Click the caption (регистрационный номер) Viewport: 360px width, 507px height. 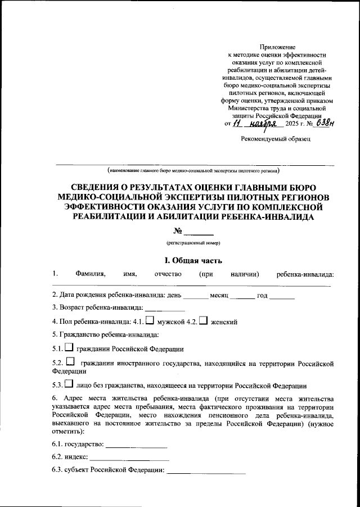pos(193,243)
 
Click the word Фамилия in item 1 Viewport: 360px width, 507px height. pos(90,274)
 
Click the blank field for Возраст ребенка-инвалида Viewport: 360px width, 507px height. pos(165,307)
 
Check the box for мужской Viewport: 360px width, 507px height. pos(150,321)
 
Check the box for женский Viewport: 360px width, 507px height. pos(204,321)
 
